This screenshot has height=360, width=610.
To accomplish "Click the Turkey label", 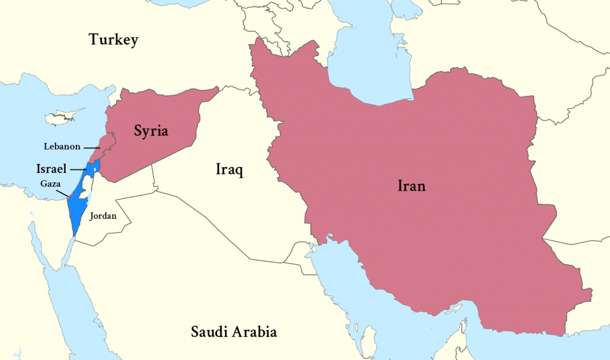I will (113, 40).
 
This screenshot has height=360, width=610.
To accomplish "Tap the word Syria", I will (151, 131).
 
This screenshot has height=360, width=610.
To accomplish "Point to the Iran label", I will (412, 186).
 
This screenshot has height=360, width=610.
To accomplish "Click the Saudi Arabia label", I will (234, 331).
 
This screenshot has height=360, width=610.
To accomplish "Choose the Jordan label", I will (103, 216).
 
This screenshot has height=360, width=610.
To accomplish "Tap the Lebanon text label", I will (62, 146).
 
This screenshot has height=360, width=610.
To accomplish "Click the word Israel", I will (51, 169).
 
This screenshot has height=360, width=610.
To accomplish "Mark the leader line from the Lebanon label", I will (91, 147).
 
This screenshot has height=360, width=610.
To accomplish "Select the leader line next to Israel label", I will (77, 169).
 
